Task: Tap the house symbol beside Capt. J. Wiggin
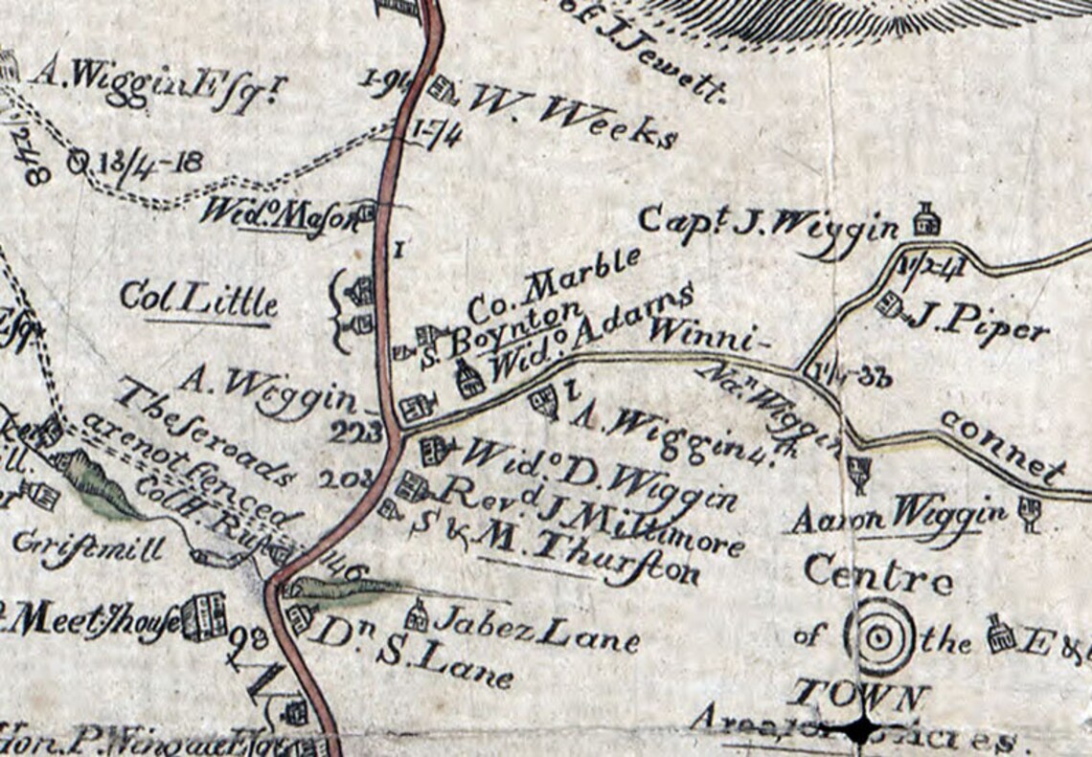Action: [x=924, y=219]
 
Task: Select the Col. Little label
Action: [x=199, y=301]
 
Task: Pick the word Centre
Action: [x=877, y=575]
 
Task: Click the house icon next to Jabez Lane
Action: [x=417, y=613]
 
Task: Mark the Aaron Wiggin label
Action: [x=898, y=516]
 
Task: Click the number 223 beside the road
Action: [x=357, y=433]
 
